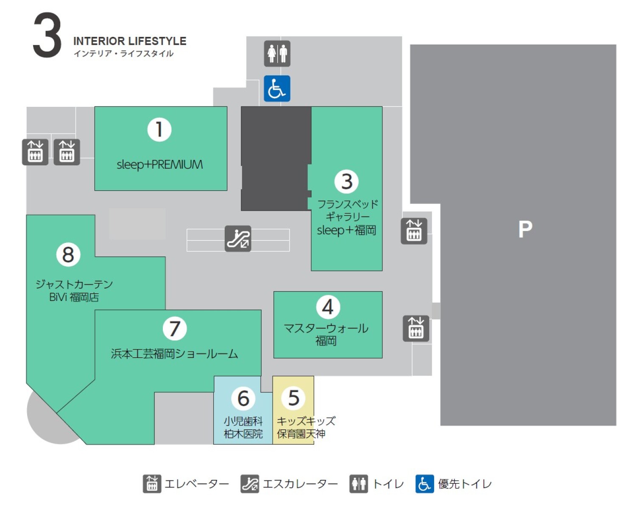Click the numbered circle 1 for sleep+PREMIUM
(x=159, y=129)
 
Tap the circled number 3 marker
(x=346, y=181)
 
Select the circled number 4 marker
(x=328, y=307)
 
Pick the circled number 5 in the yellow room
(x=293, y=397)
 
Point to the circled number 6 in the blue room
(x=243, y=398)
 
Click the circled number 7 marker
(x=175, y=328)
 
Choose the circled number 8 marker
(x=68, y=254)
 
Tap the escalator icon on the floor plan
(x=238, y=239)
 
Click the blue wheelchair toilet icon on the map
(x=277, y=88)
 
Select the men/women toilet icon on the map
(x=277, y=53)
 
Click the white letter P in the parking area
(x=525, y=229)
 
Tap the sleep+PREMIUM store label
(x=160, y=164)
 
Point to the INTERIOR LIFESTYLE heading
(x=130, y=41)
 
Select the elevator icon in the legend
(x=152, y=484)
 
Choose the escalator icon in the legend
(x=250, y=484)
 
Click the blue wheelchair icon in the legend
(x=424, y=484)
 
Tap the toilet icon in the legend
(x=358, y=484)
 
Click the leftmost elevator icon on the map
(x=35, y=152)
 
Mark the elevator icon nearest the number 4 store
(x=416, y=329)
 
